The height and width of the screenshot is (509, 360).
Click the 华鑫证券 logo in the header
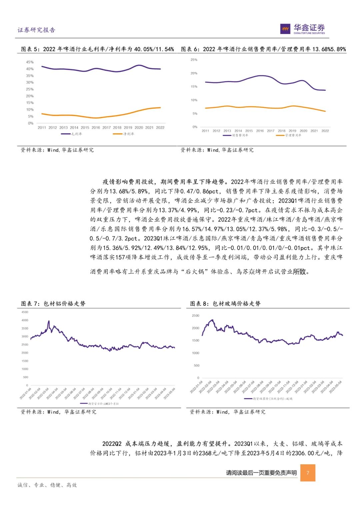point(302,29)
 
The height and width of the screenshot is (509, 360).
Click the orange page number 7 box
point(308,473)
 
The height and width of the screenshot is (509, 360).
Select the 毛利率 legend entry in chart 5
point(72,134)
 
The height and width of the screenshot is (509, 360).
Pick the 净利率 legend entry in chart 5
point(124,134)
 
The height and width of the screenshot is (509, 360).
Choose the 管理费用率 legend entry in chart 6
point(289,135)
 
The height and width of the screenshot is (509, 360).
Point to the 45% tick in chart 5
point(30,62)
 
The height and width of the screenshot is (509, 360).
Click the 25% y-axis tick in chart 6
point(194,60)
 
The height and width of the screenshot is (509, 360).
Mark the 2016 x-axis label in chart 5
point(96,128)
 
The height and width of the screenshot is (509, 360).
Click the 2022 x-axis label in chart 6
point(325,131)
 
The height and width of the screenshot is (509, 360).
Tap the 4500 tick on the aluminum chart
point(25,312)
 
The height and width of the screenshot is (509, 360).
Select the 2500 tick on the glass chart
point(196,316)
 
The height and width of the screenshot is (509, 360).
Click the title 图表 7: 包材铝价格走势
point(53,304)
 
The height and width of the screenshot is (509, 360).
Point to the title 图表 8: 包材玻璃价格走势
point(225,304)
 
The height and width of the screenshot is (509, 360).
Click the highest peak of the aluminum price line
point(49,321)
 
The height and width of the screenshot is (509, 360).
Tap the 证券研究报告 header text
point(36,30)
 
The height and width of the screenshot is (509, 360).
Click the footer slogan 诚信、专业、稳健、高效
point(47,485)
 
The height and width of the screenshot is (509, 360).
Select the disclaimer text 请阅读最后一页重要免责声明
point(261,473)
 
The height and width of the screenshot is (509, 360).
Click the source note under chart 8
point(228,412)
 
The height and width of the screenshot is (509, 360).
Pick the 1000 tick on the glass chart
point(196,353)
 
